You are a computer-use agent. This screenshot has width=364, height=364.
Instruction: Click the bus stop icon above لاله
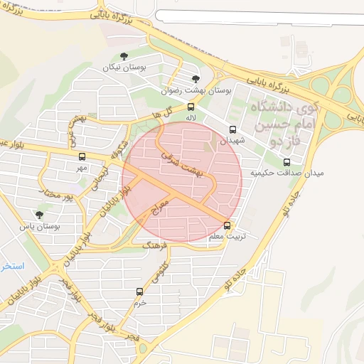coord(191,107)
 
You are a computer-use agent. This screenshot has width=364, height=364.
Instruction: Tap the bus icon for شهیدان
coord(232,129)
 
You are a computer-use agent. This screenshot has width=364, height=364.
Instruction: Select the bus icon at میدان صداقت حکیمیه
coord(287,162)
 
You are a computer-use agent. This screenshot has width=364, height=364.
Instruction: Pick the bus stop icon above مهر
coord(82,156)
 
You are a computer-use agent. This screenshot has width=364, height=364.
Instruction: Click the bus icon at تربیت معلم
coord(227,224)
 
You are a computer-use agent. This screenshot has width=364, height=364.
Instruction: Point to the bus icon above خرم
coord(139,291)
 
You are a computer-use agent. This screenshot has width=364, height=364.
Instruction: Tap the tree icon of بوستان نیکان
coord(125,55)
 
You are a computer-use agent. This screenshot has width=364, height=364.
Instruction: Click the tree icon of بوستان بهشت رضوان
coord(196,79)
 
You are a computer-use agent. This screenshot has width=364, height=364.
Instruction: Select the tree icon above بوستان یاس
coord(39,214)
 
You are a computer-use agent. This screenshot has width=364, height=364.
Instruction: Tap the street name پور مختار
coord(58,194)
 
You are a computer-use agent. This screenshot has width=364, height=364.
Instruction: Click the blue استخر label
coord(12,266)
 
